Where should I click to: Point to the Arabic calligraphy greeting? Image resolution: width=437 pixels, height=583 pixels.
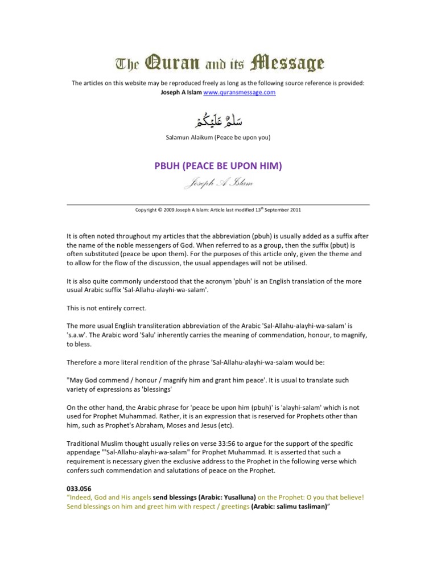click(218, 120)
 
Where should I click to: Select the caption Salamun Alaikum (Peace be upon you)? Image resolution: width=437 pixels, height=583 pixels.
click(218, 138)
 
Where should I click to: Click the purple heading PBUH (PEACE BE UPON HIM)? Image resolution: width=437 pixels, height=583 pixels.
click(218, 166)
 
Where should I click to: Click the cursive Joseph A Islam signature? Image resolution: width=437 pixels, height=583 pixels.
click(218, 183)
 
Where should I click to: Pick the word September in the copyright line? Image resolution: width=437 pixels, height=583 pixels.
click(275, 210)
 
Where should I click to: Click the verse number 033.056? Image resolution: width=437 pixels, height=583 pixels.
click(80, 488)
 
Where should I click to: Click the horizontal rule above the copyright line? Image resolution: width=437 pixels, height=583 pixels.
click(218, 204)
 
